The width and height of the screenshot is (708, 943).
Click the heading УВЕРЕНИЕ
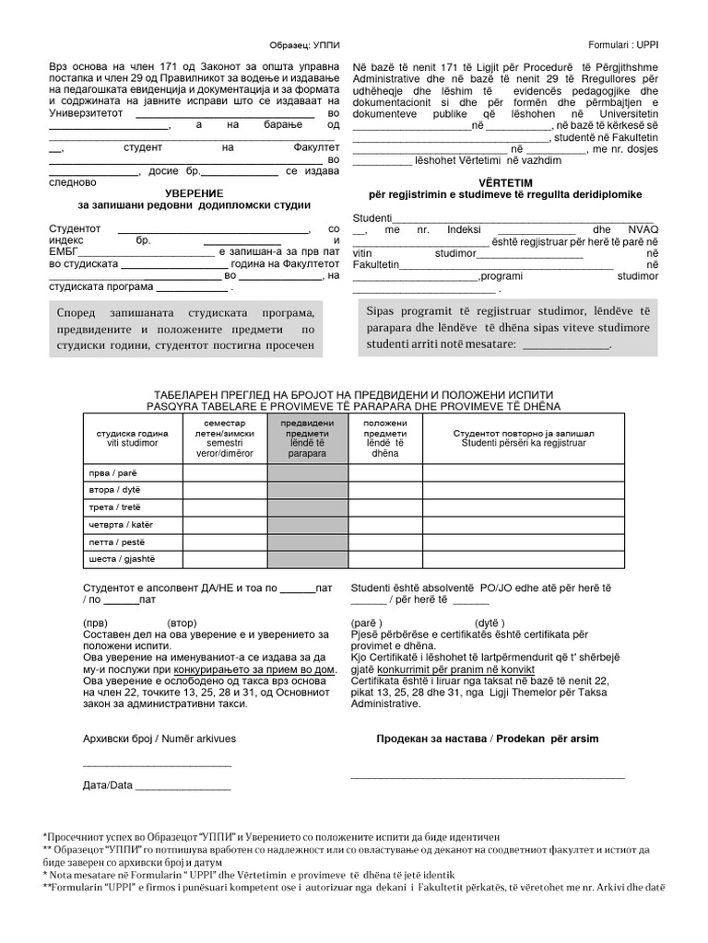(194, 192)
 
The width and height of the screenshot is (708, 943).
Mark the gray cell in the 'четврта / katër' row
(301, 525)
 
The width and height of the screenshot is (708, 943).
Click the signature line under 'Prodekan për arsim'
(487, 778)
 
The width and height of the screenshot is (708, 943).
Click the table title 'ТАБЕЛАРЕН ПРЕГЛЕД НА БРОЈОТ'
(352, 393)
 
